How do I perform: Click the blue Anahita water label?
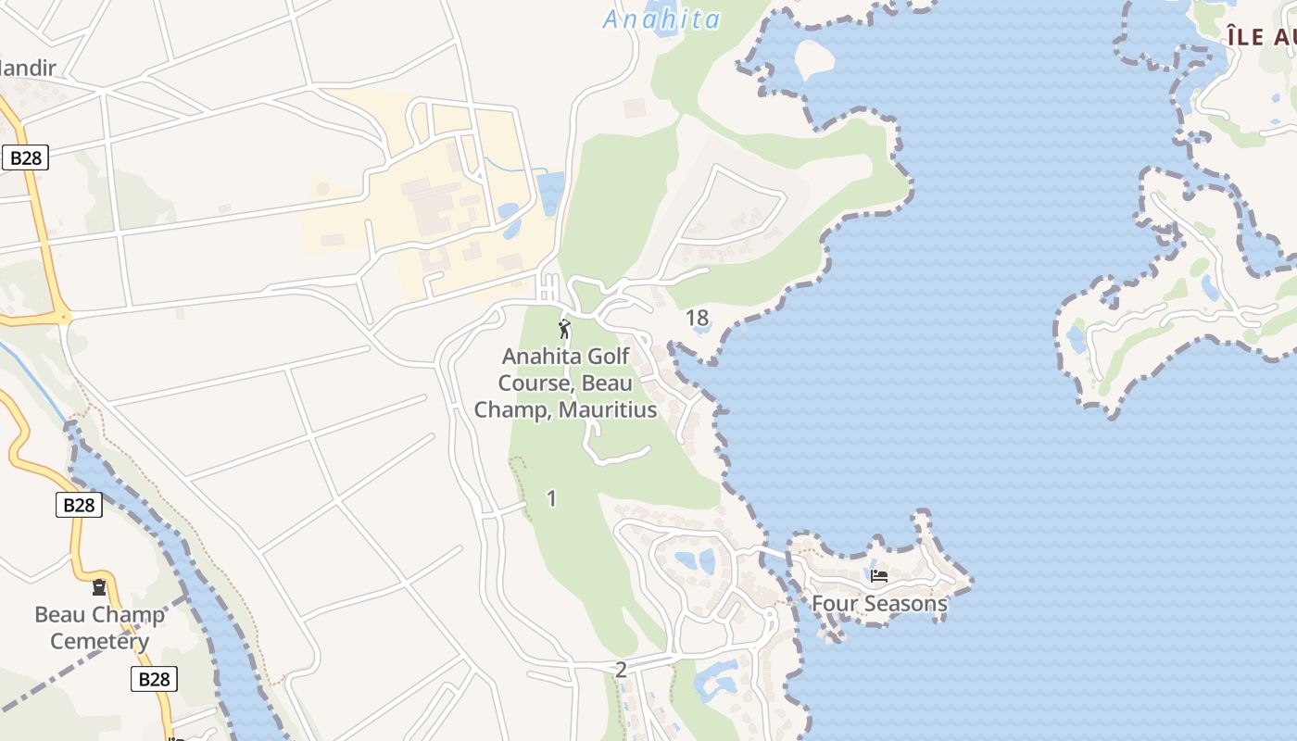[x=661, y=19]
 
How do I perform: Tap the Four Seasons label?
[x=879, y=604]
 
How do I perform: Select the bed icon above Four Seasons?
[x=879, y=576]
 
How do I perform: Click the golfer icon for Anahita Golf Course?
[x=564, y=329]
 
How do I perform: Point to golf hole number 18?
[x=698, y=319]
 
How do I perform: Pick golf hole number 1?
[x=552, y=498]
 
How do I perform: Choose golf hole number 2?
[x=621, y=670]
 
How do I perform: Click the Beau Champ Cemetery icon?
[x=98, y=587]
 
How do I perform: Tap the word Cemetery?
[x=99, y=641]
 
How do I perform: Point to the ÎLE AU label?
[x=1260, y=37]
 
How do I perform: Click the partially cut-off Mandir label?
[x=28, y=68]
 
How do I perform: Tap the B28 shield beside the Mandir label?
[x=25, y=157]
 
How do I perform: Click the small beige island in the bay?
[x=813, y=57]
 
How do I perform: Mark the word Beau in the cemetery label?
[x=60, y=614]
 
